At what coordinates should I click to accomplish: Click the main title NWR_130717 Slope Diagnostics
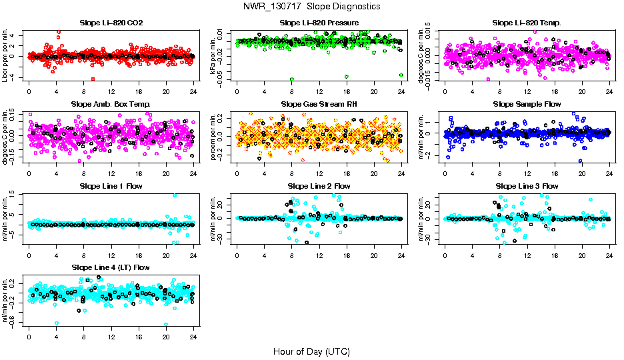(312, 6)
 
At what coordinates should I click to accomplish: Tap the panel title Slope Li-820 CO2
(111, 23)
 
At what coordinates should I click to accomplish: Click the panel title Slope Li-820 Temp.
(527, 23)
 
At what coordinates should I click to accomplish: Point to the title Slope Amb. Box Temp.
(111, 104)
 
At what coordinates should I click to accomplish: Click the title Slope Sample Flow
(527, 104)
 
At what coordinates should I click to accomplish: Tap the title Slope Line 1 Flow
(111, 186)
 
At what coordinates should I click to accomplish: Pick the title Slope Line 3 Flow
(527, 186)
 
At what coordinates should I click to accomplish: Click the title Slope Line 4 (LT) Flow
(111, 267)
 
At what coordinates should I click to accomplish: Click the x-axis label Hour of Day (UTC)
(312, 351)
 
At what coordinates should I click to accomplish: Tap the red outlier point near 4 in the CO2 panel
(59, 33)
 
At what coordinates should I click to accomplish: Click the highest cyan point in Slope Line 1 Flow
(175, 195)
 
